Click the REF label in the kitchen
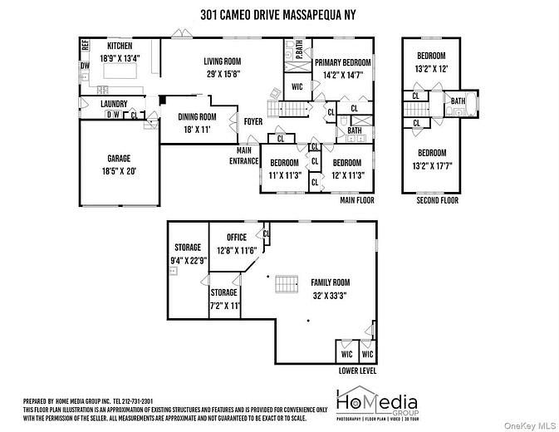point(85,45)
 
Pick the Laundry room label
point(113,104)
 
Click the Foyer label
point(253,122)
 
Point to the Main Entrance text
point(244,155)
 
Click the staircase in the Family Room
point(287,282)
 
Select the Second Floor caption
point(437,200)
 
